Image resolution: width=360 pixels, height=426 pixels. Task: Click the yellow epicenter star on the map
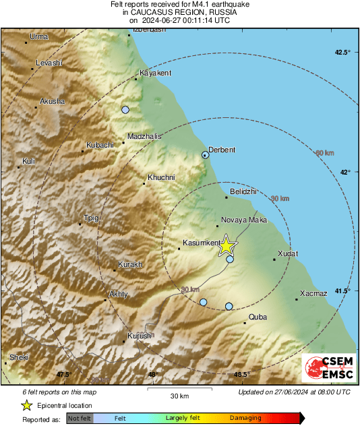(x=227, y=247)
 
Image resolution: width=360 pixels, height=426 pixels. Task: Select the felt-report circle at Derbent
(x=206, y=155)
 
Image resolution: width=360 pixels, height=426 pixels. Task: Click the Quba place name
(x=258, y=316)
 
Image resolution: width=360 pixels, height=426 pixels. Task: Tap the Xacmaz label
(x=313, y=293)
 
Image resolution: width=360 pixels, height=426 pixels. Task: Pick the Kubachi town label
(x=100, y=146)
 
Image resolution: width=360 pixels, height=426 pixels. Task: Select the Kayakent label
(x=156, y=73)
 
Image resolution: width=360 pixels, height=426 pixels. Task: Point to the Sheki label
(x=19, y=357)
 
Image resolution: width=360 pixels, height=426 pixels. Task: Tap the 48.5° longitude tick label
(x=242, y=374)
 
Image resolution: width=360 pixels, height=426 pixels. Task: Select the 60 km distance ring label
(x=325, y=153)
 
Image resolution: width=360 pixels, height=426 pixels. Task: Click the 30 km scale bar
(x=179, y=390)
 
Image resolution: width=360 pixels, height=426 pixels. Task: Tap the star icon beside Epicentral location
(x=26, y=405)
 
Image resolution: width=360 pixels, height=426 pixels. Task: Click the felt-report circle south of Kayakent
(x=125, y=109)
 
